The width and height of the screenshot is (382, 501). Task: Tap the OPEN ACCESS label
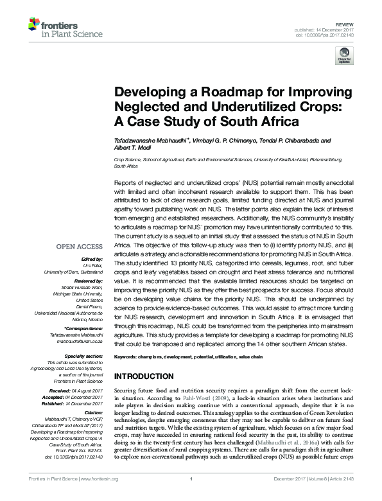click(x=79, y=246)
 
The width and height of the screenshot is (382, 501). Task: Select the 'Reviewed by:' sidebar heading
click(x=87, y=281)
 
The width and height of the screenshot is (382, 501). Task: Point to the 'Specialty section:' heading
click(x=84, y=355)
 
